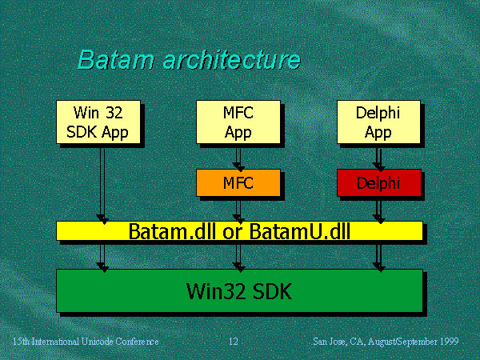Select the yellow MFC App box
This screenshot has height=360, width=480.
click(x=238, y=122)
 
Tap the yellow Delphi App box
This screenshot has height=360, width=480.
click(x=378, y=122)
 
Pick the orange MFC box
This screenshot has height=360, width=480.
click(x=238, y=183)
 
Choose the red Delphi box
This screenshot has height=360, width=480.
click(x=378, y=183)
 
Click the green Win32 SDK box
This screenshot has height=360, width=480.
click(x=239, y=290)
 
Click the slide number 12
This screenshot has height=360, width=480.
click(x=233, y=342)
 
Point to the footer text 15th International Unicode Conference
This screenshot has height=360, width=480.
click(x=86, y=342)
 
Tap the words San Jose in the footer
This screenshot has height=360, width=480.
click(x=330, y=342)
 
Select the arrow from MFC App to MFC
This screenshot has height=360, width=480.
click(x=238, y=157)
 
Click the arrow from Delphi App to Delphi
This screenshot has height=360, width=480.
click(x=378, y=157)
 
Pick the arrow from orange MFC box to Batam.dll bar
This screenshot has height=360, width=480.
click(x=238, y=208)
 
